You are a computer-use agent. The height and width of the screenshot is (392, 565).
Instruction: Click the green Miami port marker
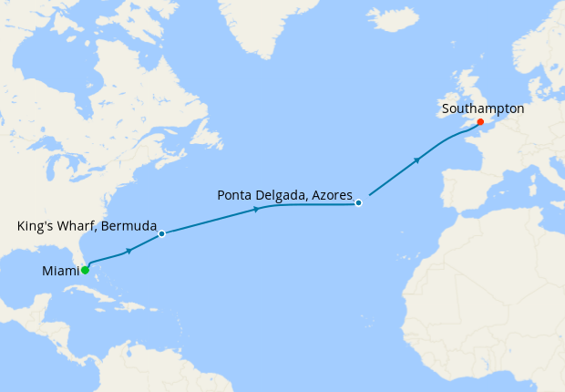tap(85, 270)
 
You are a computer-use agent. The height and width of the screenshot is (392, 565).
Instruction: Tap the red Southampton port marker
tap(480, 121)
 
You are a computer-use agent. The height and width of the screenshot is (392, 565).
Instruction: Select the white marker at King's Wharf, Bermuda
tap(161, 234)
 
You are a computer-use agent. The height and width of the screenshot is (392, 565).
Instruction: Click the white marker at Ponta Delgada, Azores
tap(359, 202)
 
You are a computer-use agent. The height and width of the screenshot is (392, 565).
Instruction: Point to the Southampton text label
tap(482, 108)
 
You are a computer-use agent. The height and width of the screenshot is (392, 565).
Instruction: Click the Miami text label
tap(59, 271)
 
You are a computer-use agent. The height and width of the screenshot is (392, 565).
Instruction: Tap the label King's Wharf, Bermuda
tap(87, 224)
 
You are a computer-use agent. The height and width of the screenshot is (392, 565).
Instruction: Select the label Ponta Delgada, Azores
tap(284, 194)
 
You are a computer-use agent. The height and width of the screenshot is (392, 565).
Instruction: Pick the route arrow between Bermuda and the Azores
tap(256, 210)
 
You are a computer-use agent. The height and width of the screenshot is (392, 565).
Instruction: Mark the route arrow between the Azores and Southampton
tap(416, 161)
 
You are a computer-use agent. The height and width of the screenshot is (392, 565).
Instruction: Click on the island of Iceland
tap(393, 19)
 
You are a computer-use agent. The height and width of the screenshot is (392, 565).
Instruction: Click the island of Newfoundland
tap(209, 137)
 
